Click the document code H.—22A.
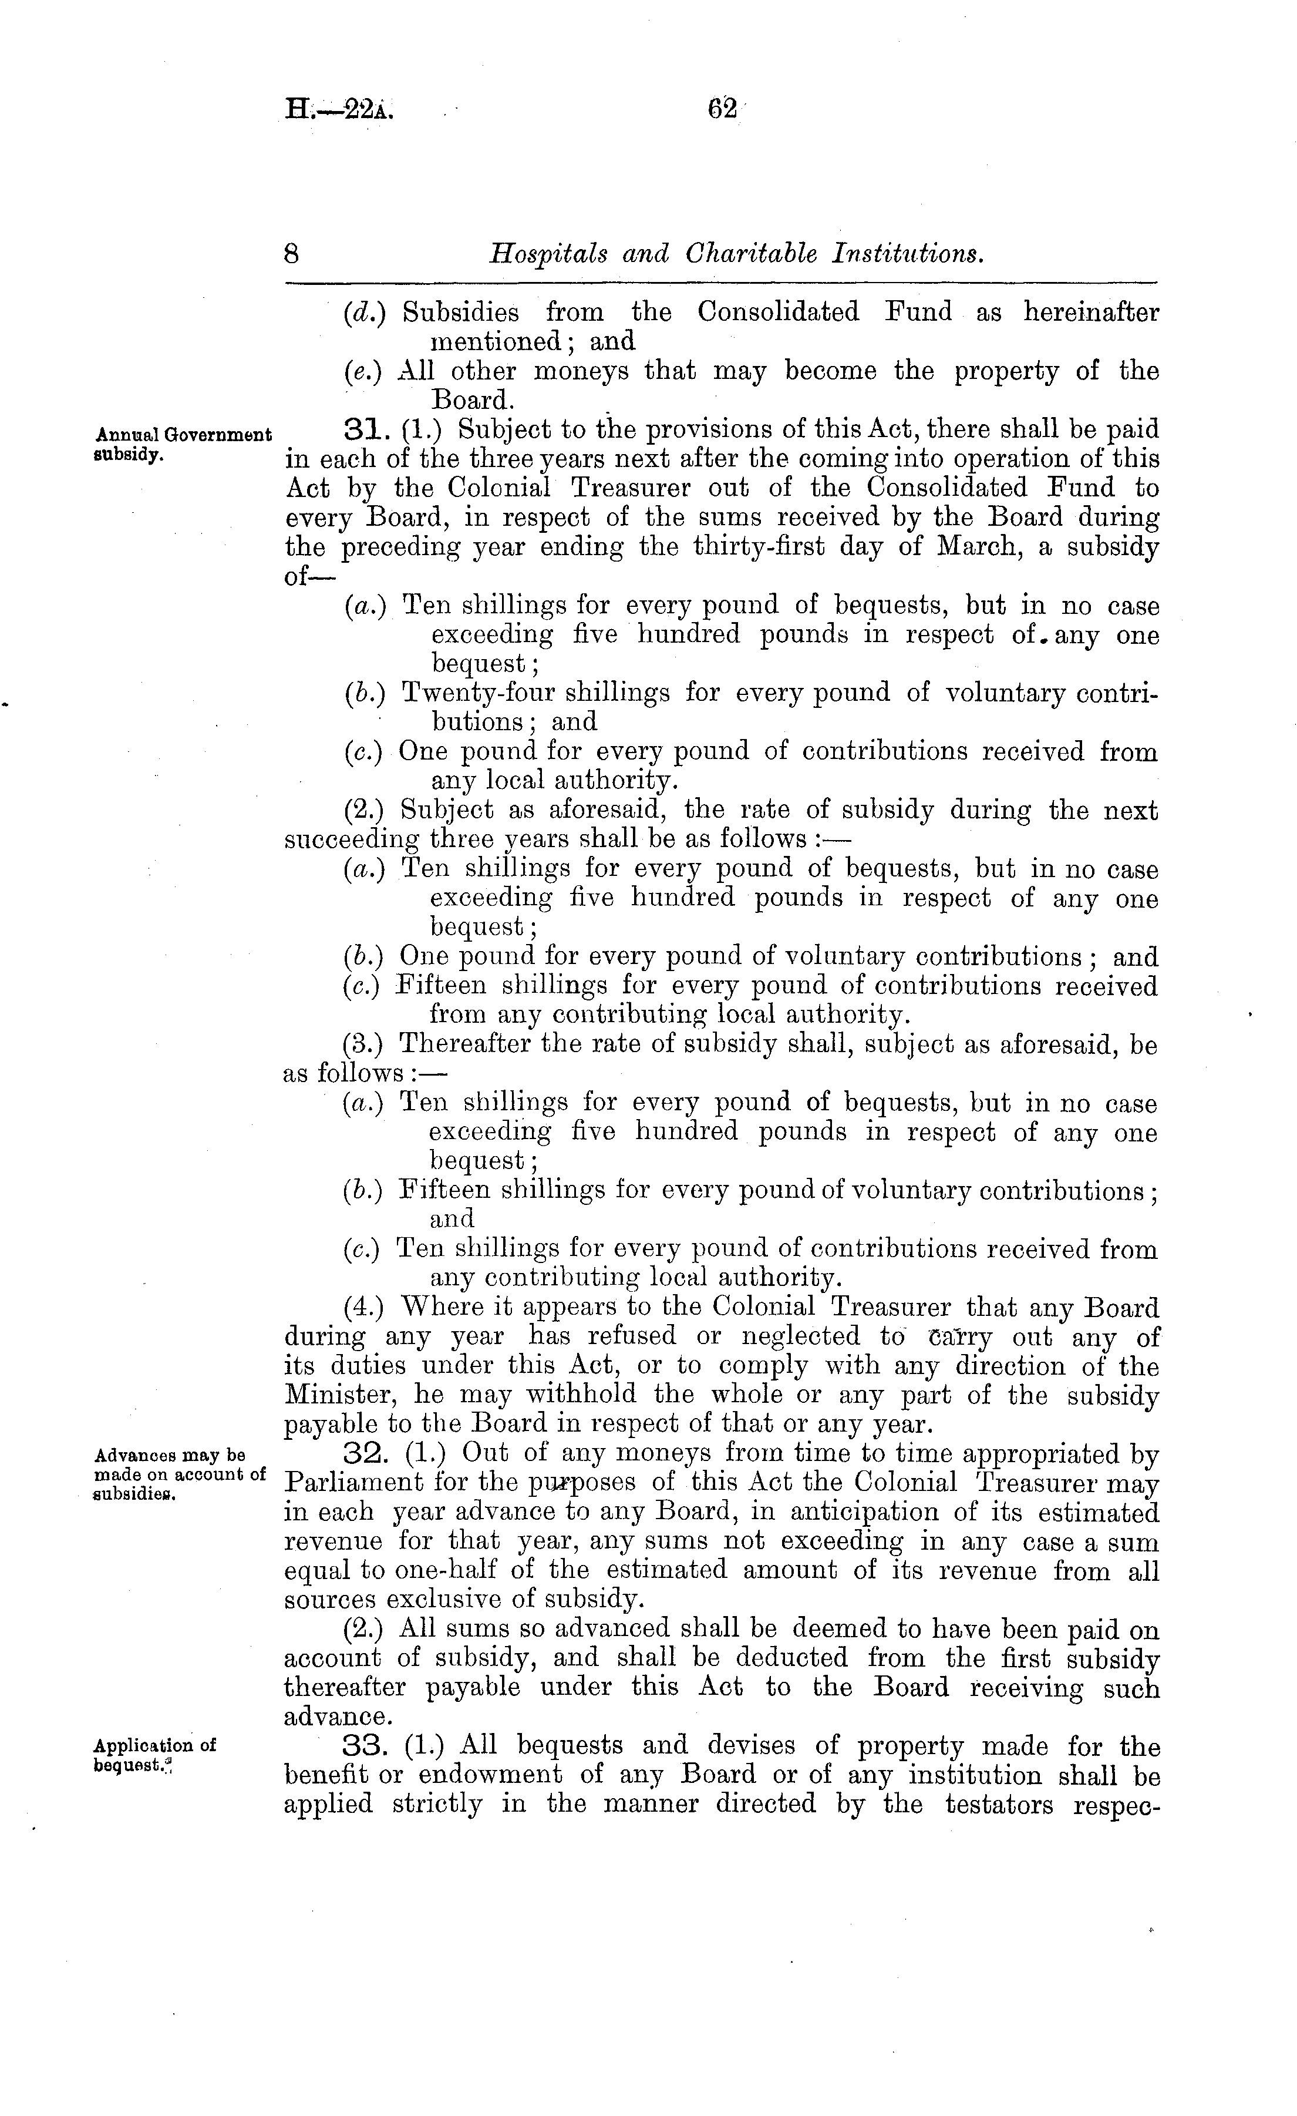(x=339, y=110)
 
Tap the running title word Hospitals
(x=547, y=254)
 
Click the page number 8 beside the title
(x=292, y=254)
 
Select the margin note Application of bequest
(x=154, y=1755)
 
